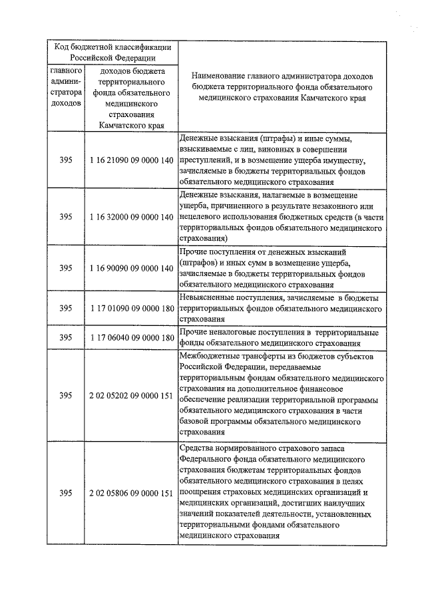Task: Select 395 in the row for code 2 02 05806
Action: (65, 493)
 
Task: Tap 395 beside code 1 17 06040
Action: (65, 337)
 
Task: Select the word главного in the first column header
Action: (65, 70)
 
